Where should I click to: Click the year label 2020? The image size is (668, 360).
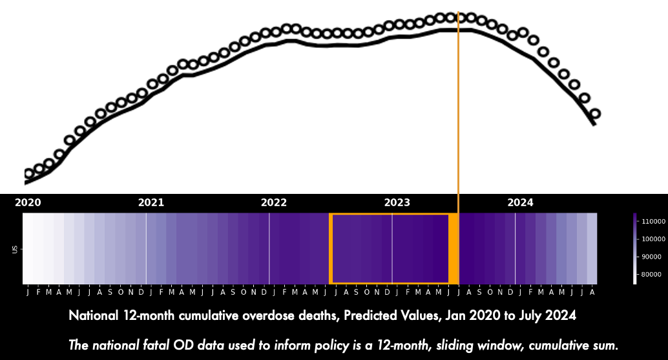click(28, 202)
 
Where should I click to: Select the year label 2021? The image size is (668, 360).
click(151, 202)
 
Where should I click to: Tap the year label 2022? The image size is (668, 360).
click(274, 202)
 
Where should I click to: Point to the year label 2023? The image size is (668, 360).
click(397, 202)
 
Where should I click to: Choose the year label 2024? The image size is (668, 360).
click(521, 202)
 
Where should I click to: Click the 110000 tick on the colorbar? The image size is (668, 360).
click(653, 221)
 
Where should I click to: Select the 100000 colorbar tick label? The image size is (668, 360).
click(653, 239)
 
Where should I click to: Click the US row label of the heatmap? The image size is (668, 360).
click(15, 249)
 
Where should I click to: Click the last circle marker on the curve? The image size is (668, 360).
click(595, 114)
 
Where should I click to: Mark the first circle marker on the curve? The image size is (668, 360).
click(29, 173)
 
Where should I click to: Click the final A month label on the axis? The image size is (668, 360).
click(592, 292)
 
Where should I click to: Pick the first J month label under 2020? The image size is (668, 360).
click(28, 292)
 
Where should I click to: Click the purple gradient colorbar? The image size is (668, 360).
click(635, 249)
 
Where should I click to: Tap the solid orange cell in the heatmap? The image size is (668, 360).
click(454, 249)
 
